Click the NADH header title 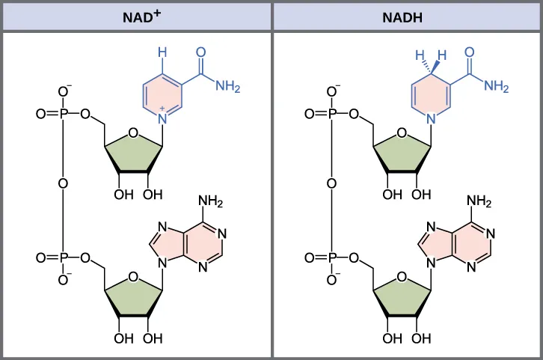pyautogui.click(x=407, y=16)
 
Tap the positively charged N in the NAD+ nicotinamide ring pyautogui.click(x=162, y=118)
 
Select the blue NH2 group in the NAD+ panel pyautogui.click(x=227, y=87)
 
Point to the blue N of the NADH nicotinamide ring pyautogui.click(x=432, y=118)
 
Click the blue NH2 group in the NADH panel pyautogui.click(x=497, y=87)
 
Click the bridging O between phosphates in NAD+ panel pyautogui.click(x=64, y=183)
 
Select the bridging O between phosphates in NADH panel pyautogui.click(x=333, y=183)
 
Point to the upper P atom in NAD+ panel pyautogui.click(x=64, y=115)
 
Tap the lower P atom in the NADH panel pyautogui.click(x=333, y=258)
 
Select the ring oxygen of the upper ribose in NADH pyautogui.click(x=402, y=134)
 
